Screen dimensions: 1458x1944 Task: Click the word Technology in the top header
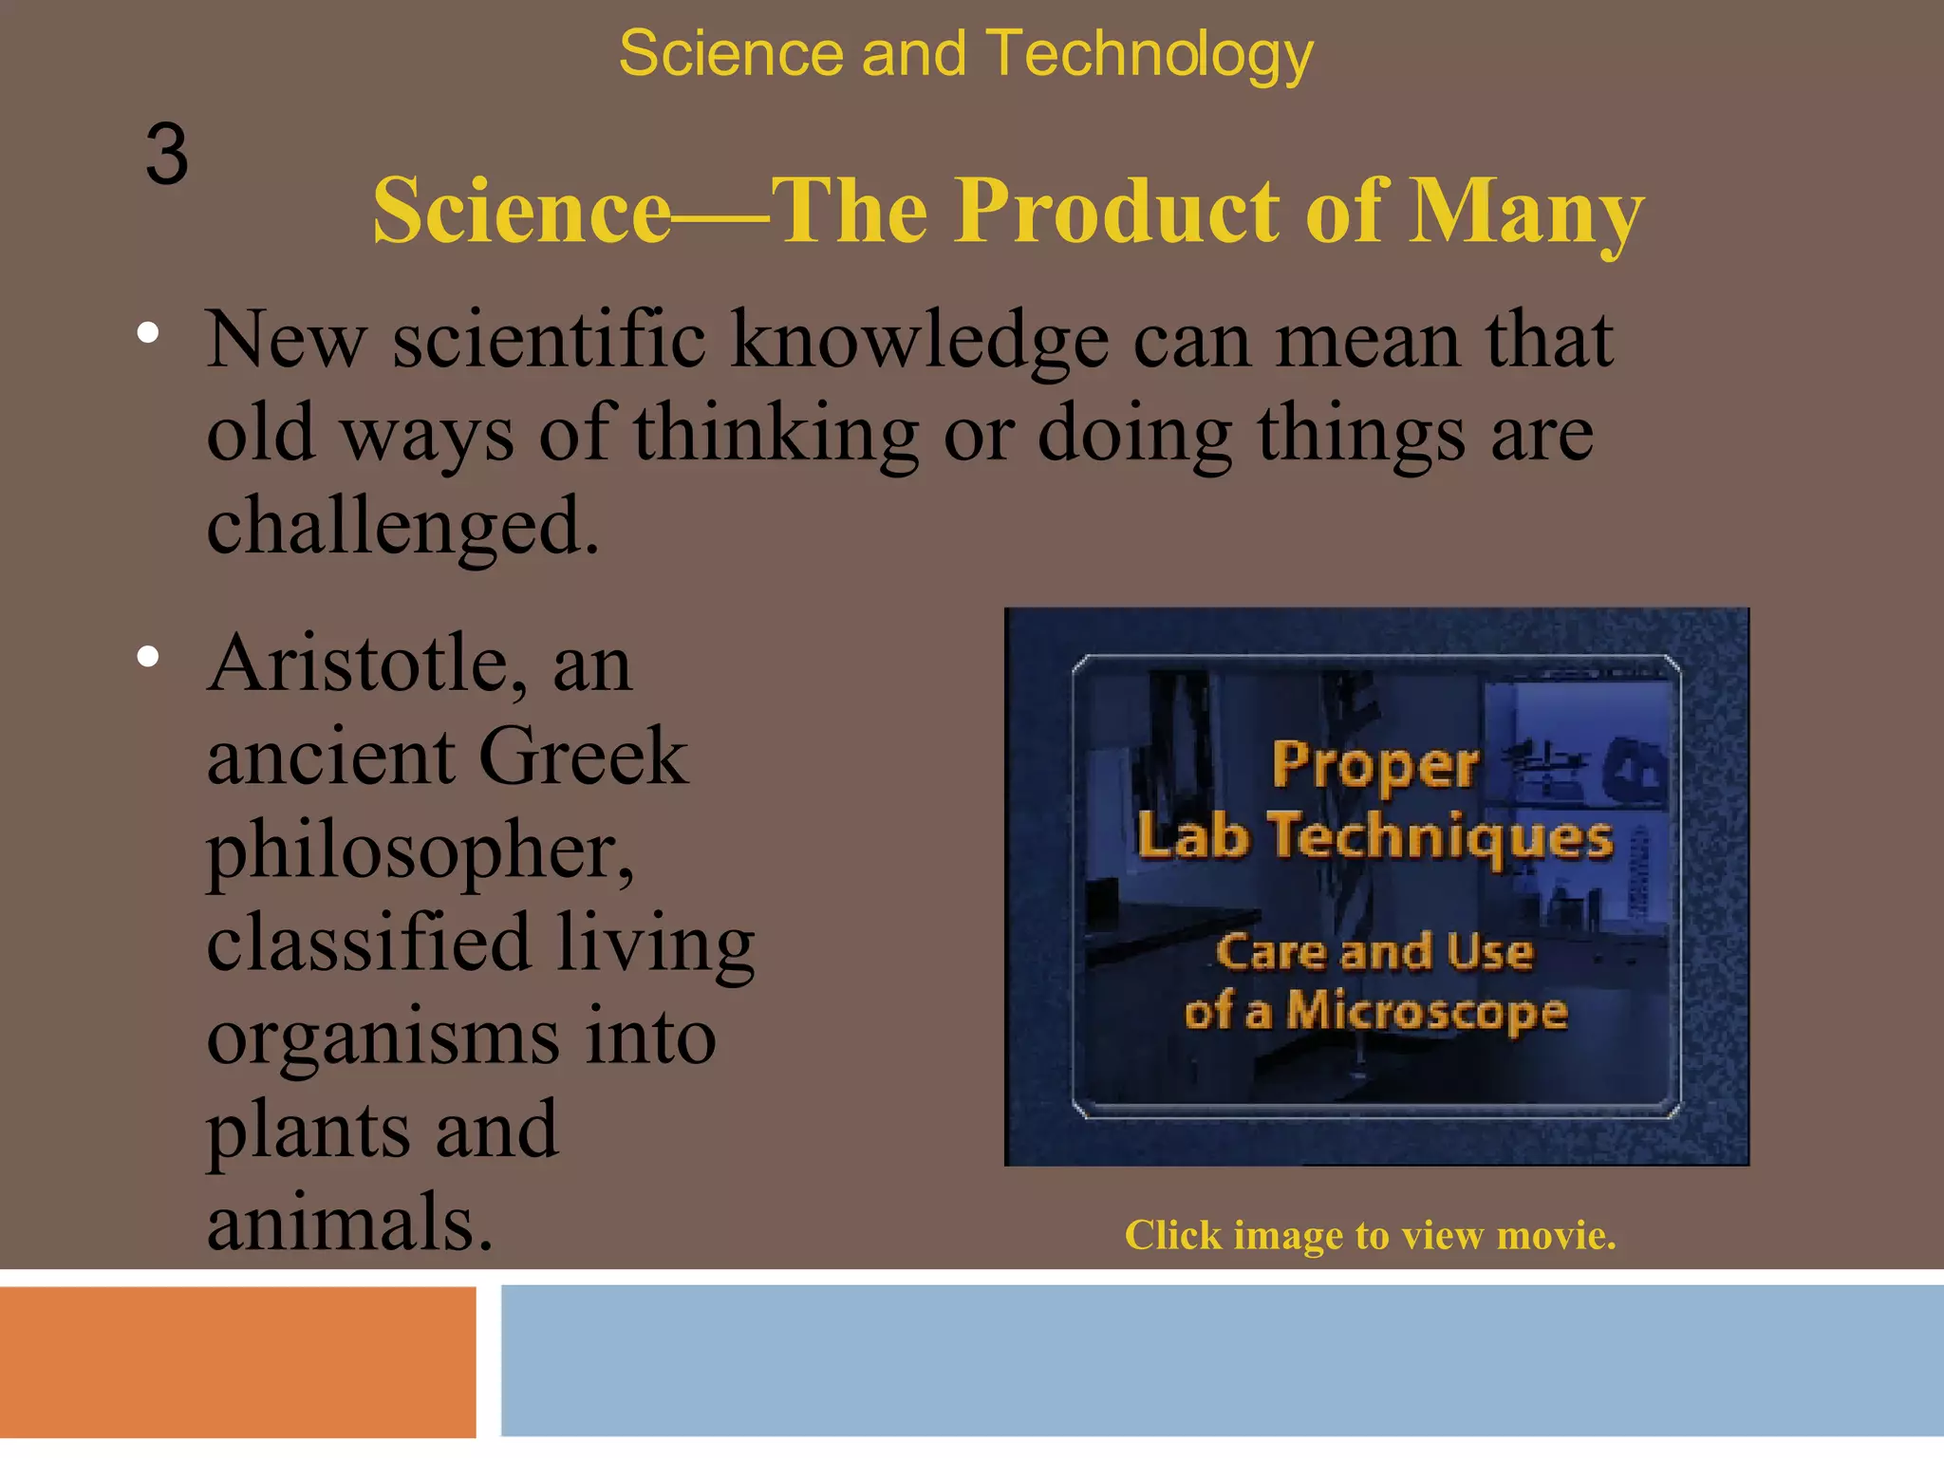tap(1150, 55)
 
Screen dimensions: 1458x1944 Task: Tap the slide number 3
tap(167, 155)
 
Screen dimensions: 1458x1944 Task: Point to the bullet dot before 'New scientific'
tap(148, 333)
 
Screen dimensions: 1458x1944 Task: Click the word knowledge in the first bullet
tap(919, 342)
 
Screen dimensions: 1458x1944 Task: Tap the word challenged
tap(402, 526)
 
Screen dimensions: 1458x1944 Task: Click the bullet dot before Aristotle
tap(148, 657)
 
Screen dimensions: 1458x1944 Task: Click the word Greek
tap(583, 757)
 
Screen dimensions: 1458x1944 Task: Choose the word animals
tap(349, 1224)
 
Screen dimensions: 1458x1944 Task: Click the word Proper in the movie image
tap(1375, 764)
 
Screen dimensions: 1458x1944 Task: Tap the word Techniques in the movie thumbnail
tap(1441, 836)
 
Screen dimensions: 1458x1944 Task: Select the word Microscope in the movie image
tap(1427, 1011)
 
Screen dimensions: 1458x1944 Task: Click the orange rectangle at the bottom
tap(237, 1361)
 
